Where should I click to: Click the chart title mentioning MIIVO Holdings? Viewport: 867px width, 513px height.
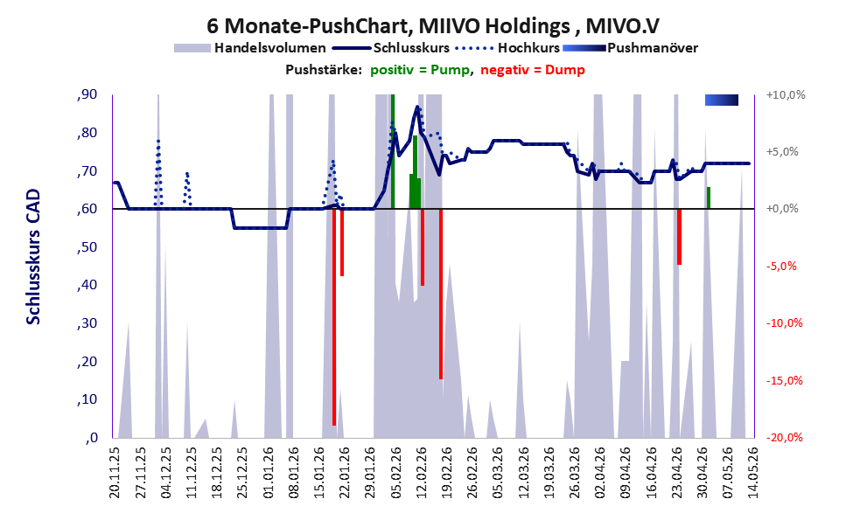[433, 25]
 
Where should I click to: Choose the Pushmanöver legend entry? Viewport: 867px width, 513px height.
[630, 48]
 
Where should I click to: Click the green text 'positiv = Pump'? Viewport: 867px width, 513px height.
[420, 70]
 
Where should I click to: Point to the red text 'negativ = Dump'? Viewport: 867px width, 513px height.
[533, 70]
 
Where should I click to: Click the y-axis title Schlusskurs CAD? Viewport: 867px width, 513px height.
[34, 257]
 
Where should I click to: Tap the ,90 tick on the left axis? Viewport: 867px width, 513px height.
[87, 95]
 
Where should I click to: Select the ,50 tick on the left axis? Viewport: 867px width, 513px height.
[87, 247]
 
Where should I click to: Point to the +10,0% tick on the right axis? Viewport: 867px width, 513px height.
[786, 95]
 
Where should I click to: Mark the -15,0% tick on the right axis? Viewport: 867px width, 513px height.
[784, 380]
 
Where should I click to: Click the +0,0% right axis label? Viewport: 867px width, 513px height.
[782, 209]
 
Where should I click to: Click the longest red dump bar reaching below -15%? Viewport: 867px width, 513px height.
[334, 317]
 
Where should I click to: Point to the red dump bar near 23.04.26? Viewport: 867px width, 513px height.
[679, 237]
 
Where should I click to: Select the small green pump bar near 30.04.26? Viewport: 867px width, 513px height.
[709, 198]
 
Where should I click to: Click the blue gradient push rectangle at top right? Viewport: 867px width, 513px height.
[722, 100]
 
